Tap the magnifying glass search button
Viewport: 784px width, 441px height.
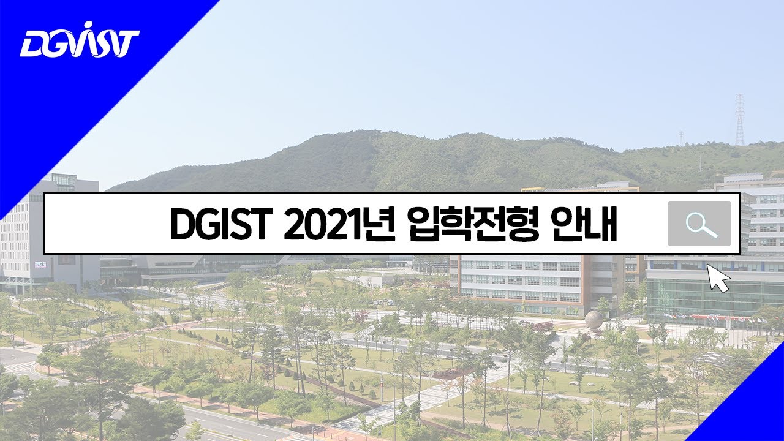699,224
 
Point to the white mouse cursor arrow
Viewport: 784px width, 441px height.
718,278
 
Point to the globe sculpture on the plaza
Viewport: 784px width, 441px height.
593,320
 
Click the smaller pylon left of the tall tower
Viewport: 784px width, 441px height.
680,138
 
